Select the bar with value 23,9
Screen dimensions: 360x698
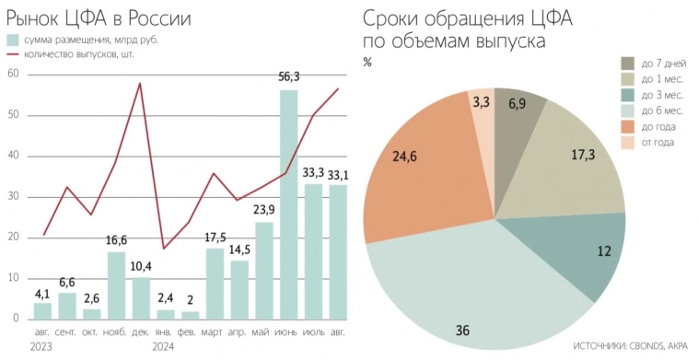pos(264,271)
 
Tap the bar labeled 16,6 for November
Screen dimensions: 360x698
pos(116,285)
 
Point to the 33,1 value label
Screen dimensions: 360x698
pos(338,173)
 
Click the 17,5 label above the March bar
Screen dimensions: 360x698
pos(215,238)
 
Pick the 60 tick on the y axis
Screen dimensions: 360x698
pos(12,75)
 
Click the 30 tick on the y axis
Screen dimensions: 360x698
pos(12,197)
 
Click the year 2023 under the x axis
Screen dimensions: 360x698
pos(41,346)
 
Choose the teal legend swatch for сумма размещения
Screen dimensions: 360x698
pos(13,40)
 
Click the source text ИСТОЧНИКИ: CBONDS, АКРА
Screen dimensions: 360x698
pos(630,347)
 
